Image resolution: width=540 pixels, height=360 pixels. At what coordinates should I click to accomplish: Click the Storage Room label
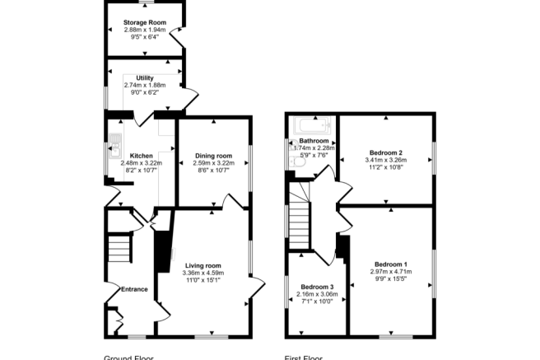tap(144, 22)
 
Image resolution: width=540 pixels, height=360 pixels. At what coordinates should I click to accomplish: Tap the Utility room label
tap(144, 77)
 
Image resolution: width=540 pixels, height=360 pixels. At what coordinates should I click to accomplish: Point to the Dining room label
tap(213, 156)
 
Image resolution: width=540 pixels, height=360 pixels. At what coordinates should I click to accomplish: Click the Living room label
tap(202, 265)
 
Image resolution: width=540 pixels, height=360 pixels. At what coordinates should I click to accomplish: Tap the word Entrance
tap(135, 288)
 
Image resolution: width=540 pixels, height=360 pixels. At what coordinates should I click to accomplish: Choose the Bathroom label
tap(314, 141)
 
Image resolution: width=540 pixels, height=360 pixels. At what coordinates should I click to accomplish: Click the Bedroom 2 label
tap(385, 153)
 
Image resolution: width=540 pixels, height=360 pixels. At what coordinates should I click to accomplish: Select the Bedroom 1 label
tap(390, 263)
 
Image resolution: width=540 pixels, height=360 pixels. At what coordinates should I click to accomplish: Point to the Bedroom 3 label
tap(316, 287)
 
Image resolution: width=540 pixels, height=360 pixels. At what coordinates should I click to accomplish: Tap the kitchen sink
tap(114, 143)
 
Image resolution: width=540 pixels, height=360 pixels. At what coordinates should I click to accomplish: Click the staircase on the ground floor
tap(120, 247)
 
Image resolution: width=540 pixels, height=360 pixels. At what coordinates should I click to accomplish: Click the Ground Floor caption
tap(128, 357)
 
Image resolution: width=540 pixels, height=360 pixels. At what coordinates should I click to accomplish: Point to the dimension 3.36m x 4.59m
tap(202, 273)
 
